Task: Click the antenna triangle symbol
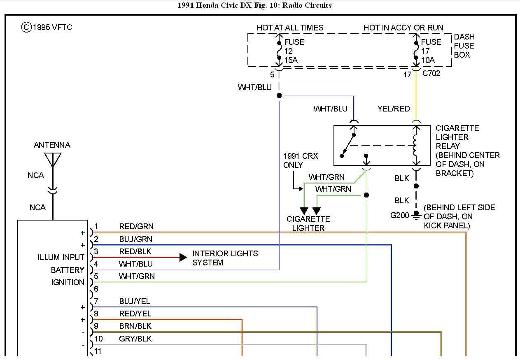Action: (x=53, y=159)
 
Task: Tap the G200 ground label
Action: (x=400, y=215)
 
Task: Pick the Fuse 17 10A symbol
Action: (x=416, y=51)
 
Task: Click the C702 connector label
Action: (x=431, y=74)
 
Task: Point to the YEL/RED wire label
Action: (x=394, y=109)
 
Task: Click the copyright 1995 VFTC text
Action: (x=47, y=27)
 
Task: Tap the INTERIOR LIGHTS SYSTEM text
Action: (x=225, y=258)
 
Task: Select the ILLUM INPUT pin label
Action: (x=61, y=258)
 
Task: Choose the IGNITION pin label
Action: (x=68, y=282)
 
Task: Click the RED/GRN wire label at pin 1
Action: (x=136, y=226)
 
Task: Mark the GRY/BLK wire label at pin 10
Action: (x=135, y=339)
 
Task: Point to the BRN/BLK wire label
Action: (x=135, y=326)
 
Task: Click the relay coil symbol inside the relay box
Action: (x=416, y=146)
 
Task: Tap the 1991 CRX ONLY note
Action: (x=301, y=161)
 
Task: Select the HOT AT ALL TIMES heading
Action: (x=290, y=28)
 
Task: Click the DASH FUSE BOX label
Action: (x=464, y=46)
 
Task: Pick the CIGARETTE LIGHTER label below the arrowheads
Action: (x=308, y=223)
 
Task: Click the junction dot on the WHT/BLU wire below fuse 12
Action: (x=279, y=95)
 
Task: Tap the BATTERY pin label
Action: (x=68, y=270)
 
